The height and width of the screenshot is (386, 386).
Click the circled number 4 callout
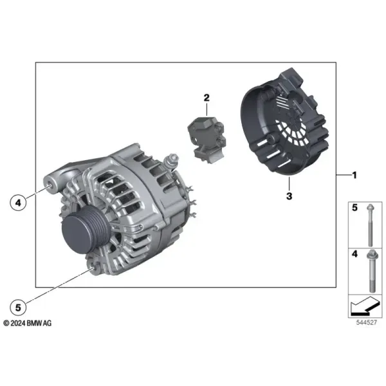pyautogui.click(x=18, y=203)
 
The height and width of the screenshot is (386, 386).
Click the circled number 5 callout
pyautogui.click(x=18, y=308)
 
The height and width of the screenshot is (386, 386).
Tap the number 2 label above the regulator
pyautogui.click(x=207, y=98)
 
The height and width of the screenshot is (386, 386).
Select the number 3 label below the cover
pyautogui.click(x=289, y=196)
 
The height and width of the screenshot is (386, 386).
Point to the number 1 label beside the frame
pyautogui.click(x=354, y=175)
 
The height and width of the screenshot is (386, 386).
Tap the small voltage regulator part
pyautogui.click(x=207, y=140)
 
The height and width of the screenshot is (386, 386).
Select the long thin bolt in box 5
pyautogui.click(x=370, y=225)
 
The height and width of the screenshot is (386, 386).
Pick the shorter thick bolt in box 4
pyautogui.click(x=372, y=271)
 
